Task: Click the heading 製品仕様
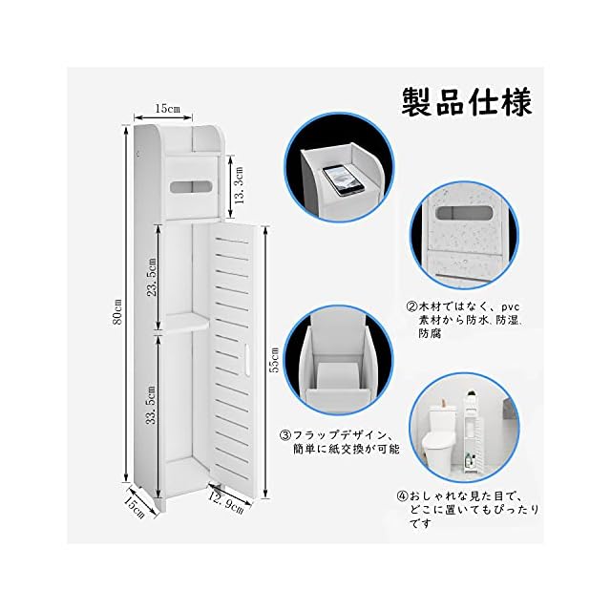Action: tap(469, 100)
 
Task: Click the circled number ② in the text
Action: tap(411, 307)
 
